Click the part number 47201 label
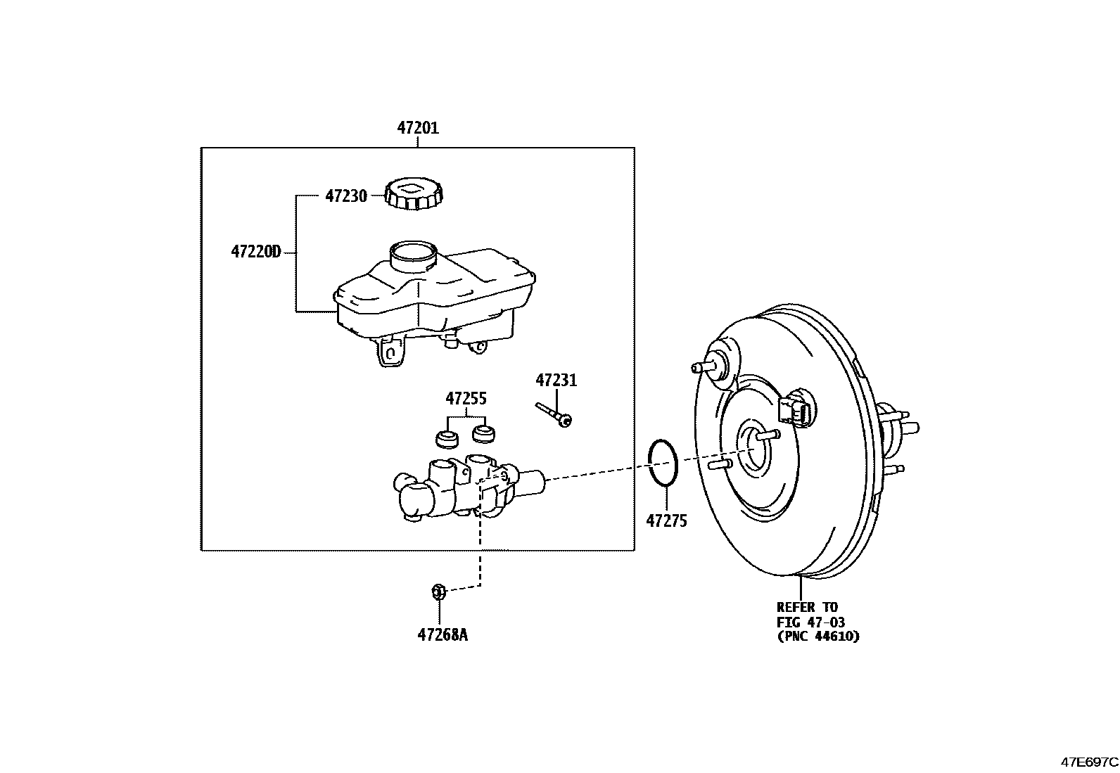pos(417,128)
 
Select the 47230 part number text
pos(345,196)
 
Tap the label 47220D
pos(255,251)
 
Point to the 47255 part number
pos(465,399)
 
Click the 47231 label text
pos(556,381)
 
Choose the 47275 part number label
pos(666,521)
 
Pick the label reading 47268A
pos(442,635)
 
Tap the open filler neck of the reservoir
pos(413,252)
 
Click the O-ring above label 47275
pos(663,463)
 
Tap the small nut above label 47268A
pos(438,592)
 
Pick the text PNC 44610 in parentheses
pos(818,637)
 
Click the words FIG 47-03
pos(810,622)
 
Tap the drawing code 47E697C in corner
pos(1089,762)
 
